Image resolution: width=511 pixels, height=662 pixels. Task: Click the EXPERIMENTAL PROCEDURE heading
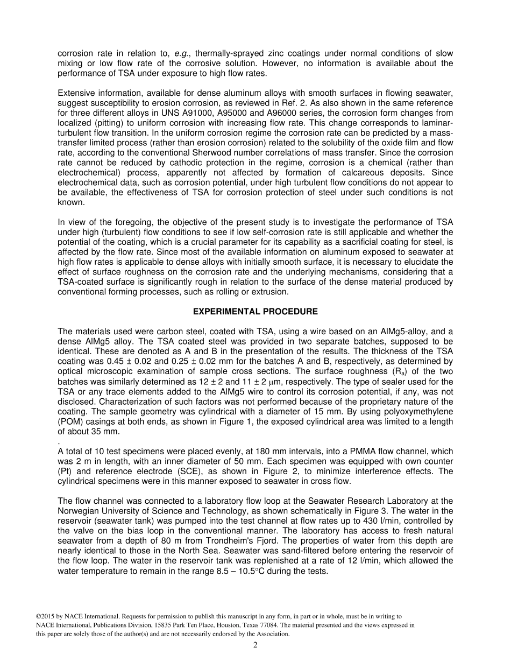pyautogui.click(x=255, y=312)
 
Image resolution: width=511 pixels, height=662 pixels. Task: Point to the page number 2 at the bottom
pyautogui.click(x=256, y=645)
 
